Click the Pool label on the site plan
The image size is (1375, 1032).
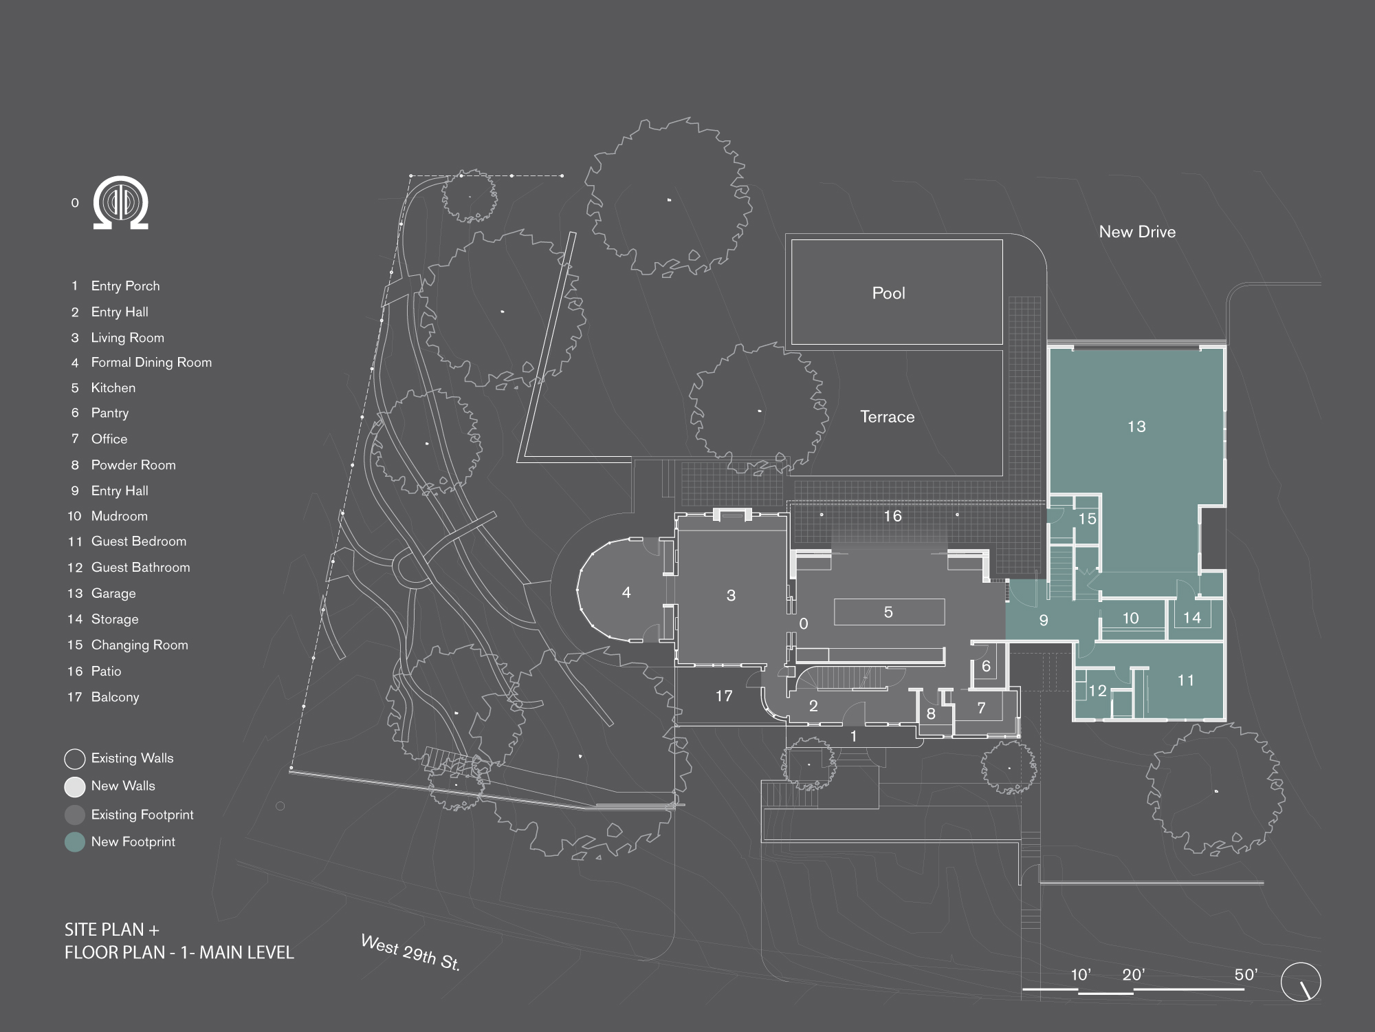click(888, 293)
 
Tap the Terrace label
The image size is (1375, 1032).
click(887, 417)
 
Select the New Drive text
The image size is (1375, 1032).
click(1137, 232)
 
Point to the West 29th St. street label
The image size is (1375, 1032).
click(410, 952)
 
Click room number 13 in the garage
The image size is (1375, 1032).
click(1136, 427)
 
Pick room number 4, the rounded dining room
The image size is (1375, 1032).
click(626, 592)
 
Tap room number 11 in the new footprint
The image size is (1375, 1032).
click(1185, 680)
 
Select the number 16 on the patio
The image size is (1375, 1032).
click(892, 516)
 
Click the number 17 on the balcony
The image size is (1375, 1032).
click(723, 696)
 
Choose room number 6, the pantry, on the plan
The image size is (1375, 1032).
click(986, 666)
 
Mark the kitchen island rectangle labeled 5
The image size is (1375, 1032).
click(888, 612)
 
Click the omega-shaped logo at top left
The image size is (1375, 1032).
click(121, 203)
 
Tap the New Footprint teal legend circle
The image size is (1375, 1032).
click(75, 842)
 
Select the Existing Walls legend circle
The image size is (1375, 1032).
click(75, 759)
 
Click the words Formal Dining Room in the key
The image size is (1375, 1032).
click(151, 363)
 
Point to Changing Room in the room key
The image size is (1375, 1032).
click(140, 645)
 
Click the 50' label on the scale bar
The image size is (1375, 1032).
click(1246, 974)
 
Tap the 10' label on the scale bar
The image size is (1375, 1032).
click(1081, 974)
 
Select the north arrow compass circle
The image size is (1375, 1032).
click(1301, 982)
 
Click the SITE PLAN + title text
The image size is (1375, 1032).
click(112, 929)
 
